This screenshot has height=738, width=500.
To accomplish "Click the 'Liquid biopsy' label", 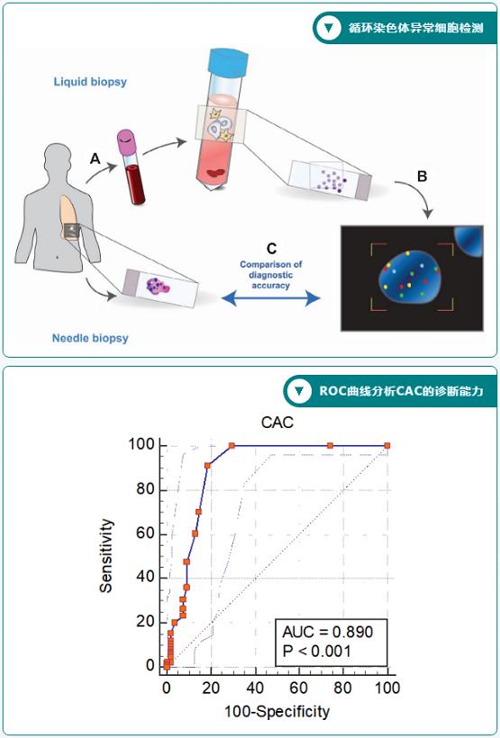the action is tap(90, 81).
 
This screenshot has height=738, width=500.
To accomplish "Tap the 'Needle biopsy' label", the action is tap(90, 338).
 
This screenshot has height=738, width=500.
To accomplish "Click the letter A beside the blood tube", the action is tap(95, 159).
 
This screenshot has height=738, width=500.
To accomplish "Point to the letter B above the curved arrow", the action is tap(423, 177).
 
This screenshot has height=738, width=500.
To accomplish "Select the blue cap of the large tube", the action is tap(228, 60).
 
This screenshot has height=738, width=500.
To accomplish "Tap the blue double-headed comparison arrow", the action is tap(270, 298).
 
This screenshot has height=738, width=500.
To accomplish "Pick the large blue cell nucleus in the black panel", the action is tap(410, 278).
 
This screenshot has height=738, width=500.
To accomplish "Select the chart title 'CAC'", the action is tap(277, 423).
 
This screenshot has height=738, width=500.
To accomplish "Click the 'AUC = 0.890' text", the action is tap(327, 631).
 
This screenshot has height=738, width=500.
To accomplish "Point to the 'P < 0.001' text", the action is tap(316, 651).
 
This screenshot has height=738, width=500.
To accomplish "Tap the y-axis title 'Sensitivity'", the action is tap(107, 555).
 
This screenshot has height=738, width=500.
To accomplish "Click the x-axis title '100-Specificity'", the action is tap(277, 711).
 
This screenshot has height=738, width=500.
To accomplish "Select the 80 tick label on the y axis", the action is tap(143, 489).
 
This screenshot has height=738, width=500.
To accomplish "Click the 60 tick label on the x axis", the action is tap(299, 688).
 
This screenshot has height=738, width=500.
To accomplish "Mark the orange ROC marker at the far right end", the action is tap(387, 445).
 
